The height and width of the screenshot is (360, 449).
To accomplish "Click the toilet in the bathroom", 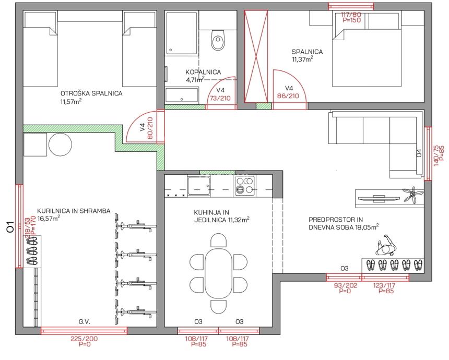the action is [218, 40].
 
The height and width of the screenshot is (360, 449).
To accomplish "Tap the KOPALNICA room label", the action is [203, 72].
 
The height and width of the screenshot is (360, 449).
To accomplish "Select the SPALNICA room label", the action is [307, 52].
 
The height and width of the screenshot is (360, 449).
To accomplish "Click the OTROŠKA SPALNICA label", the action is [91, 93].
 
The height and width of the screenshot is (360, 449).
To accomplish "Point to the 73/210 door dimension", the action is [220, 98].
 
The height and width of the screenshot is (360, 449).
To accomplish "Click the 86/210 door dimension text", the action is [288, 96].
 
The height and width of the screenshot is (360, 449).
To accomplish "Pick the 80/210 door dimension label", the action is [150, 128].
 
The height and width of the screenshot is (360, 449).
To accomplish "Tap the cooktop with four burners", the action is [244, 186].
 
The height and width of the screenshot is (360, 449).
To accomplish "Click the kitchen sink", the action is [199, 186].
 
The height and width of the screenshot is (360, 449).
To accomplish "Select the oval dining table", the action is [218, 273].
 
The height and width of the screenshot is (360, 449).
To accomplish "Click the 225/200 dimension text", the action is [84, 339].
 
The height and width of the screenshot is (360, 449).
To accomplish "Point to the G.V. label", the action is [85, 322].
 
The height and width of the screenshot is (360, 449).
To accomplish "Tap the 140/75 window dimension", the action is [436, 155].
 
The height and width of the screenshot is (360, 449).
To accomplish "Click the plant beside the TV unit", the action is [412, 195].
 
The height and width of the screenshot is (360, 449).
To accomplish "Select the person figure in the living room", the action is [385, 246].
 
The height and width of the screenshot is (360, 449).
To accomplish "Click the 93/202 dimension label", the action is [346, 285].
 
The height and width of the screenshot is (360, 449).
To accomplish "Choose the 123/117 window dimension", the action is [384, 285].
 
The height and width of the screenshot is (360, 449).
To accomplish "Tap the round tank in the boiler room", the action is [60, 145].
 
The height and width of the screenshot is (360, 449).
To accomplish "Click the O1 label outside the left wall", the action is [10, 226].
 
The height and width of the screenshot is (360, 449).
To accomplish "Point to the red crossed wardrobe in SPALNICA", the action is [256, 56].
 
